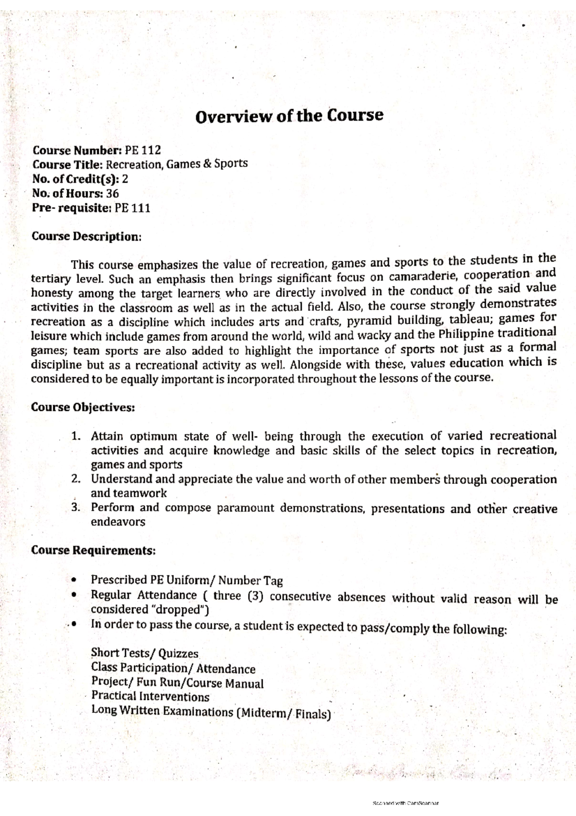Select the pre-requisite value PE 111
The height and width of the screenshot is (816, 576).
[132, 208]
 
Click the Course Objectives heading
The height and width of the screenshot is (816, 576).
[83, 407]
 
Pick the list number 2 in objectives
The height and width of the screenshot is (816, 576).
[75, 479]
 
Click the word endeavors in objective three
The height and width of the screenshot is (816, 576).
[118, 522]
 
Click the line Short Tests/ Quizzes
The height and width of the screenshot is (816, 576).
[144, 654]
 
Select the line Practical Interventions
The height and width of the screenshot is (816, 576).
[150, 696]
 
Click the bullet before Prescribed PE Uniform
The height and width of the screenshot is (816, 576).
[73, 580]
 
